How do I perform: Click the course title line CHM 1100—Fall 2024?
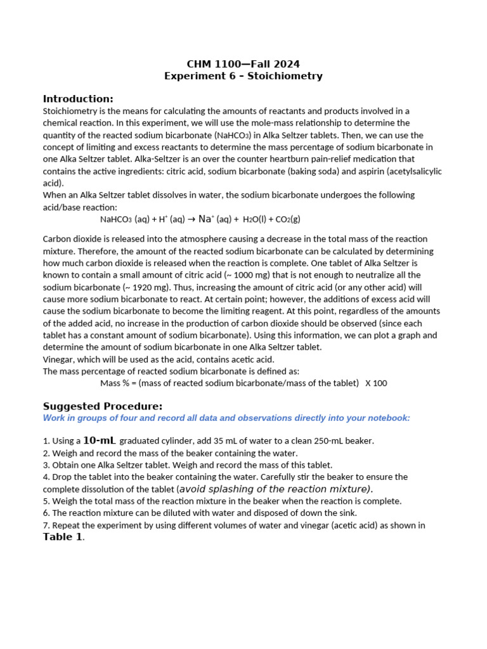click(243, 64)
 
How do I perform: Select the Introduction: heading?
click(78, 99)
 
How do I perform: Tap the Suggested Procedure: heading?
click(103, 406)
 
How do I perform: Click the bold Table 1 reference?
click(63, 537)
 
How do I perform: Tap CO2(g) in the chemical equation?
click(285, 219)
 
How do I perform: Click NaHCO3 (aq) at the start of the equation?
click(125, 219)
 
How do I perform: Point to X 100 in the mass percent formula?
click(376, 383)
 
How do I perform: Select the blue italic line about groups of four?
click(226, 418)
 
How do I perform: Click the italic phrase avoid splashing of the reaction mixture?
click(275, 489)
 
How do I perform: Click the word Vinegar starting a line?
click(58, 359)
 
